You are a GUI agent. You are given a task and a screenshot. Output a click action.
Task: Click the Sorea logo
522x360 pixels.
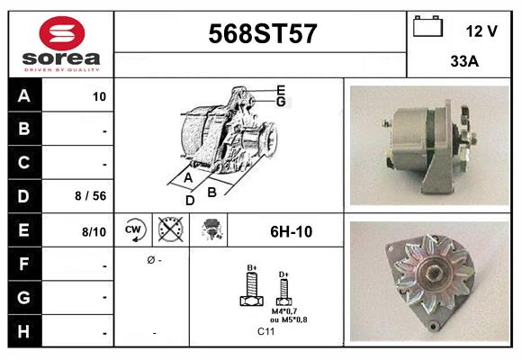click(61, 43)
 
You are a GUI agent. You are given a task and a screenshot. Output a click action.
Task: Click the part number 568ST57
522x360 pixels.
click(262, 34)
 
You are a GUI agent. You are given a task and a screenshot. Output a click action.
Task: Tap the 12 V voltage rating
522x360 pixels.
click(481, 31)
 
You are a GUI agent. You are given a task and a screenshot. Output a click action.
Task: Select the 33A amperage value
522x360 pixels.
click(463, 63)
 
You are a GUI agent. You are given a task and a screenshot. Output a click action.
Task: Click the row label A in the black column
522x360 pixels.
click(24, 96)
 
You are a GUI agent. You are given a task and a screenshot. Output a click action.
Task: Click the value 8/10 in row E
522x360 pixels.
click(94, 232)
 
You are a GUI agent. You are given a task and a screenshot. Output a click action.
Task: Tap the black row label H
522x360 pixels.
click(24, 331)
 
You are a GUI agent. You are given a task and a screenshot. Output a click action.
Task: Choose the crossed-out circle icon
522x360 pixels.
click(170, 231)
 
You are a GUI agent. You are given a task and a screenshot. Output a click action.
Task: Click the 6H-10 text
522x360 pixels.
click(291, 231)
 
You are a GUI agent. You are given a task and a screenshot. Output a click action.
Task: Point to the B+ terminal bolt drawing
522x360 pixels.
click(253, 290)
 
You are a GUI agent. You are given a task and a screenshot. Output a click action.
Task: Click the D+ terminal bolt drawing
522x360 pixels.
click(283, 291)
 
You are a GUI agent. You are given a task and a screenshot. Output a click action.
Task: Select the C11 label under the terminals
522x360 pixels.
click(266, 332)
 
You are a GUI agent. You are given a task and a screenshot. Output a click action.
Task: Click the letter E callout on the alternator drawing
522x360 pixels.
click(282, 89)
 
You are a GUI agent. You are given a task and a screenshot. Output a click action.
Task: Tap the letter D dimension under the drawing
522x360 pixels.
click(190, 201)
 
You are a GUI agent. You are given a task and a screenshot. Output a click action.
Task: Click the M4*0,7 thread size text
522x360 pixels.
click(284, 311)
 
